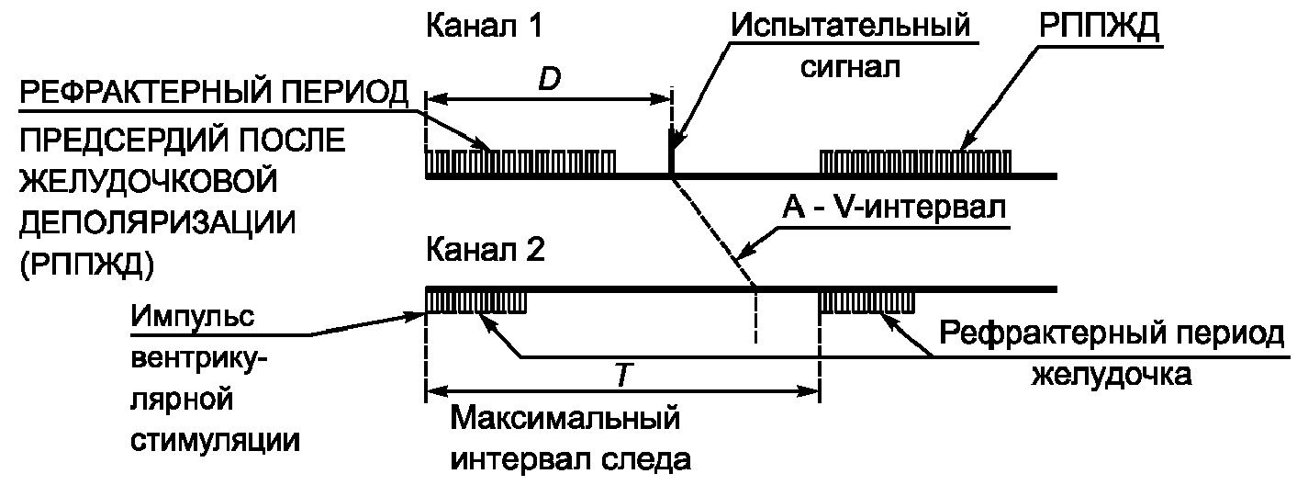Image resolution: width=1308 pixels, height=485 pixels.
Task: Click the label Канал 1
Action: [483, 27]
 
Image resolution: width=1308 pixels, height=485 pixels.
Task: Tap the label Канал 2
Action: [485, 251]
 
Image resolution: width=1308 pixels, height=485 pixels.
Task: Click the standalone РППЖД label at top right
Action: [1100, 27]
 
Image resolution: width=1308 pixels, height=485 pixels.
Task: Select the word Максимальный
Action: [567, 419]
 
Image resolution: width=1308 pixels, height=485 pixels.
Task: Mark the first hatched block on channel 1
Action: [521, 160]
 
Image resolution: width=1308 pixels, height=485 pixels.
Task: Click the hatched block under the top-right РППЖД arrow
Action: [915, 160]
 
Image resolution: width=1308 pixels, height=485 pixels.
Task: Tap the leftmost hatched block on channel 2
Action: [475, 300]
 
